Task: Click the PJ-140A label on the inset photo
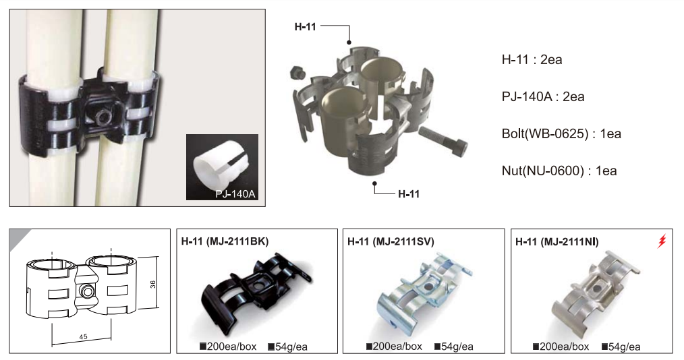(235, 193)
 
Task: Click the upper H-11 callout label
(305, 27)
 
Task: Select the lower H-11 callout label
(409, 194)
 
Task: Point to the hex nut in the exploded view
(297, 73)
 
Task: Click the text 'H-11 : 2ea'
(532, 59)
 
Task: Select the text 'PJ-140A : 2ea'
(542, 96)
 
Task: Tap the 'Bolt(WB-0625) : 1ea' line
(561, 133)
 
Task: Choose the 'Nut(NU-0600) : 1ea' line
(559, 171)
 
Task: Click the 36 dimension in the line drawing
(152, 284)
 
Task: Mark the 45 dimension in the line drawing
(84, 336)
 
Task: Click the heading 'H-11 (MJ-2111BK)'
(225, 241)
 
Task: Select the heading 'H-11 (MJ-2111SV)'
(391, 241)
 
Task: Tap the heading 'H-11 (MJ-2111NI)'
(557, 241)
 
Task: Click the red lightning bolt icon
(662, 241)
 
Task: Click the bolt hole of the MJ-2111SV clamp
(430, 287)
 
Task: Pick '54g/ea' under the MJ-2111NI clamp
(621, 347)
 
